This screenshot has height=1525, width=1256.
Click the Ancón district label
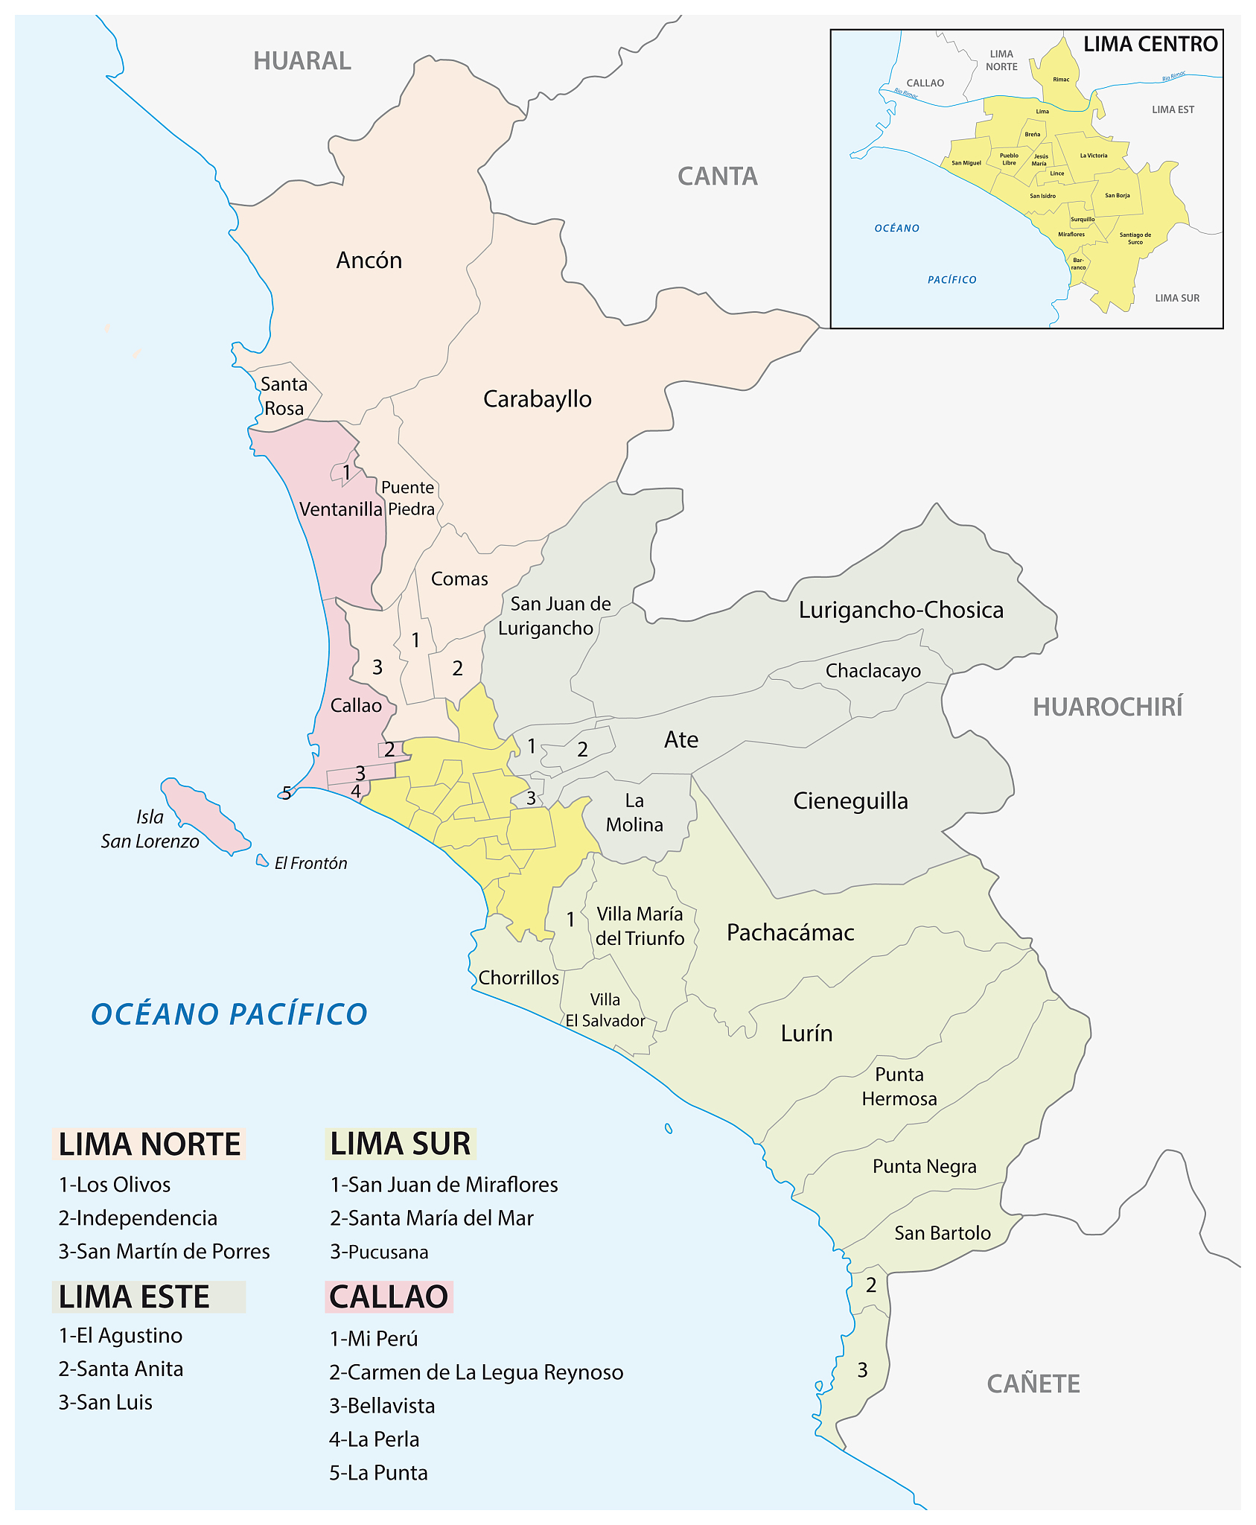369,260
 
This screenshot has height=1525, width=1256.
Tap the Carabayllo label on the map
537,399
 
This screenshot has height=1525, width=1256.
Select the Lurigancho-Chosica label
901,610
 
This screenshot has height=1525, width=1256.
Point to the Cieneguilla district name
850,801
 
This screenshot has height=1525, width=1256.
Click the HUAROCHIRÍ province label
1107,707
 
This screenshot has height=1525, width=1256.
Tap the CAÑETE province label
1033,1384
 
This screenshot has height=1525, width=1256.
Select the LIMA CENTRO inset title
1150,45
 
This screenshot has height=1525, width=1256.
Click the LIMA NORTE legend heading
150,1144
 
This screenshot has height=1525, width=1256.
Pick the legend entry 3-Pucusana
379,1252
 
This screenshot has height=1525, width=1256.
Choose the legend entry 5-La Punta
378,1473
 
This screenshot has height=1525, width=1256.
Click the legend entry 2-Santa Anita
121,1369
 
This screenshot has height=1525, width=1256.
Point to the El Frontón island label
310,863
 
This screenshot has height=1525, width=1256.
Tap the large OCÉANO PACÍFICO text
229,1014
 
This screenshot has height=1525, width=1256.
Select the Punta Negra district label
924,1166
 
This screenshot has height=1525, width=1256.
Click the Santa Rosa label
284,396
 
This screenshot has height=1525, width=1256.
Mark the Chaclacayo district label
873,671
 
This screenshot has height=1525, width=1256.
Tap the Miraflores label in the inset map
1071,235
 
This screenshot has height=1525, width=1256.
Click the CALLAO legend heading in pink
389,1296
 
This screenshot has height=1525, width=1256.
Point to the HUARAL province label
302,61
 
